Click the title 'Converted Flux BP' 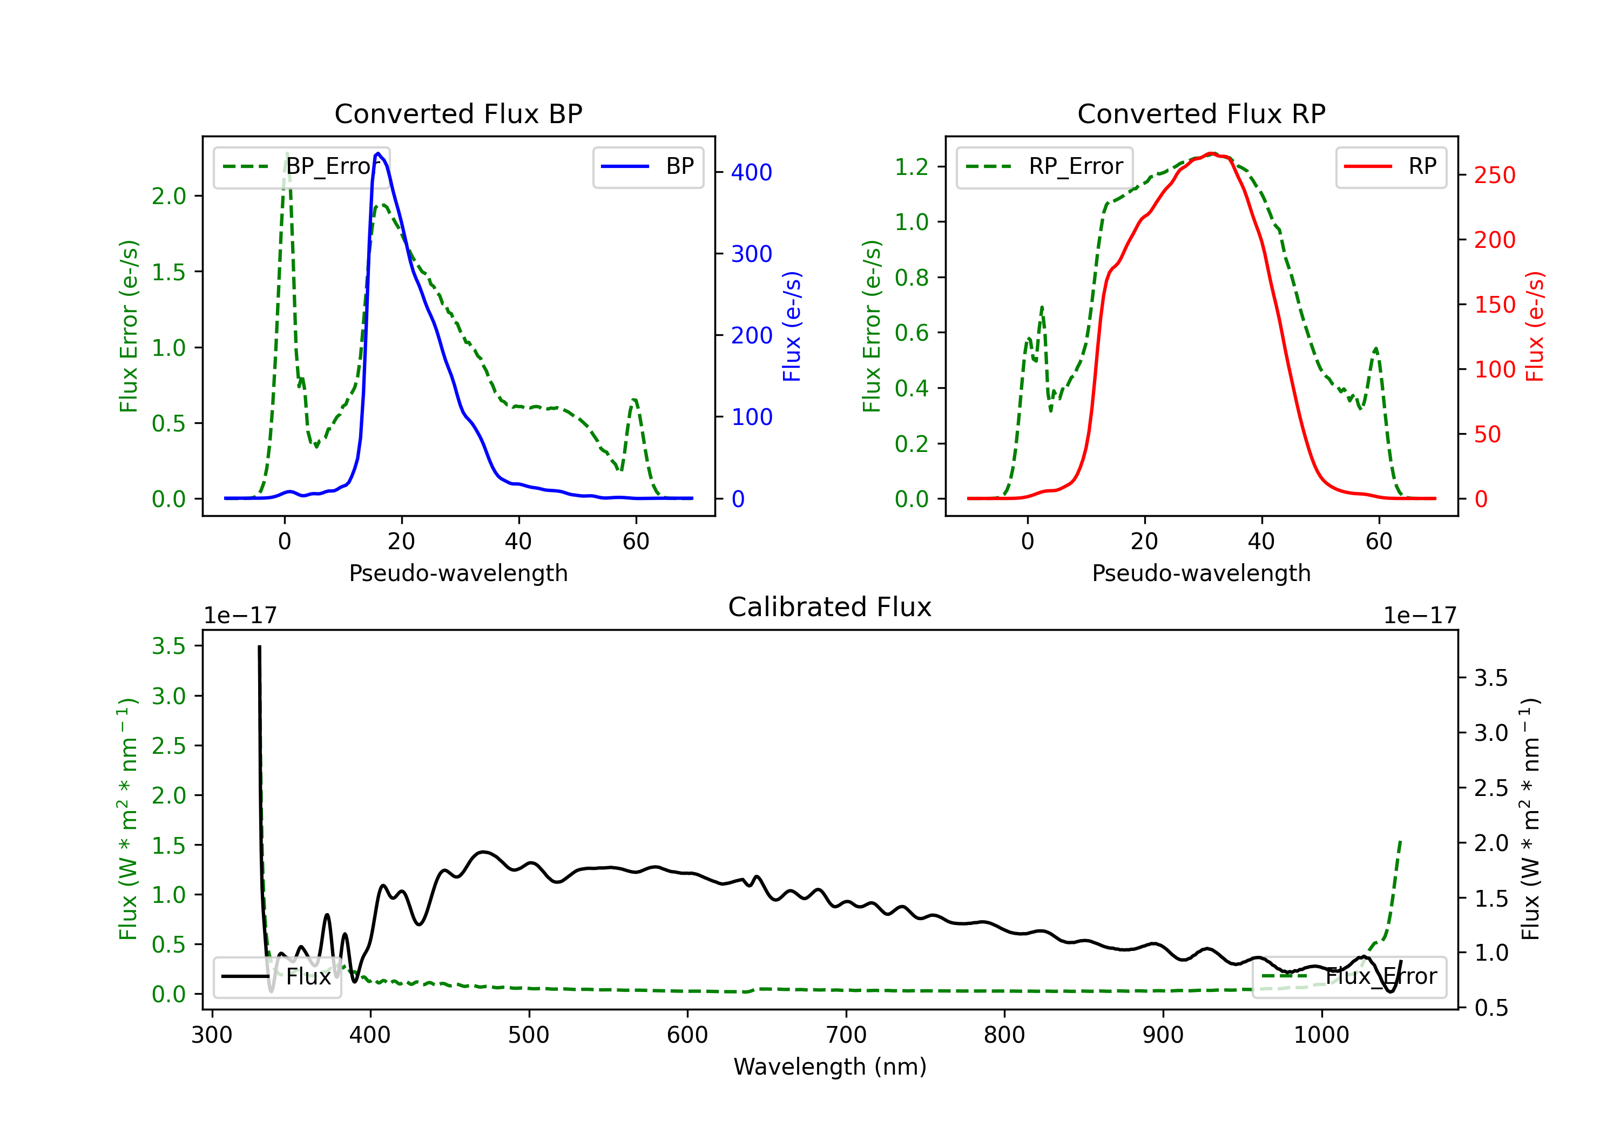[x=458, y=113]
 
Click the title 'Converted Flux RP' [x=1201, y=113]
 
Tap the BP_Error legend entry [x=302, y=166]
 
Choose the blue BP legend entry [x=647, y=166]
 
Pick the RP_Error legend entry [x=1044, y=166]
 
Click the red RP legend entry [x=1390, y=166]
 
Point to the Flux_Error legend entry [x=1349, y=977]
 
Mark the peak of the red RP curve [x=1211, y=153]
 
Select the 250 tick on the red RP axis [x=1494, y=175]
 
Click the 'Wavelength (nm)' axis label [x=830, y=1066]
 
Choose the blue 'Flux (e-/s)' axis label [x=792, y=326]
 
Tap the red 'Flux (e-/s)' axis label [x=1535, y=326]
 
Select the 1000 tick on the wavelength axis [x=1321, y=1035]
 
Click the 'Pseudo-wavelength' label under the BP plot [x=458, y=573]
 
